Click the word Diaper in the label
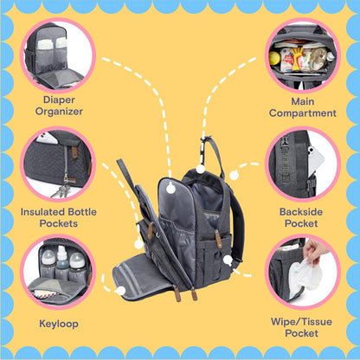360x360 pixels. click(x=56, y=98)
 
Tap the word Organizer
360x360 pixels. click(x=56, y=111)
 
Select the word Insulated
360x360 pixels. click(x=44, y=210)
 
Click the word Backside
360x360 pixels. click(x=304, y=210)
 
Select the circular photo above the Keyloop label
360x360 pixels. click(x=56, y=273)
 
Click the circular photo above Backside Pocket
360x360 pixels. click(x=303, y=164)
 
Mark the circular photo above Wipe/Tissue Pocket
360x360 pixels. click(x=303, y=273)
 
